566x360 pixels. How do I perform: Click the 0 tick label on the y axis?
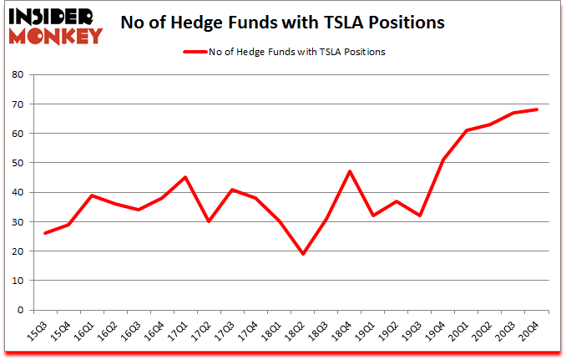pos(19,310)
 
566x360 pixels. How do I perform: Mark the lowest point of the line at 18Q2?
pos(302,254)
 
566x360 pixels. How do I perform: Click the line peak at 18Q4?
pos(349,171)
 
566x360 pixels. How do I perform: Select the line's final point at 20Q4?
pos(537,109)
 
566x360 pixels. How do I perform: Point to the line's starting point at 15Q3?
pos(44,233)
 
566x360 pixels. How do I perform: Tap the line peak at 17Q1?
pos(185,177)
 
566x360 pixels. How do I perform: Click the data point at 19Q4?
pos(443,160)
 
